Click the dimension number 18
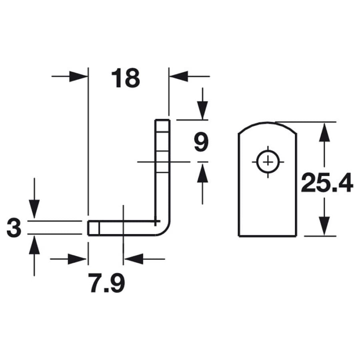[125, 78]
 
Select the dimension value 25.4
[327, 183]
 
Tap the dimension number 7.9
[108, 283]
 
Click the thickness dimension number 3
[14, 228]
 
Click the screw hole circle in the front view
[268, 162]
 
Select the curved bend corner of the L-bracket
[164, 228]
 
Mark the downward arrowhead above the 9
[202, 110]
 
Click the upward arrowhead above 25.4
[324, 132]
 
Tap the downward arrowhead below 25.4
[324, 226]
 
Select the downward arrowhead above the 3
[34, 209]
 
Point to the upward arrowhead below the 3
[34, 245]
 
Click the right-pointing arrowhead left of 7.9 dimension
[77, 259]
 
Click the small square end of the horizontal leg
[94, 228]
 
